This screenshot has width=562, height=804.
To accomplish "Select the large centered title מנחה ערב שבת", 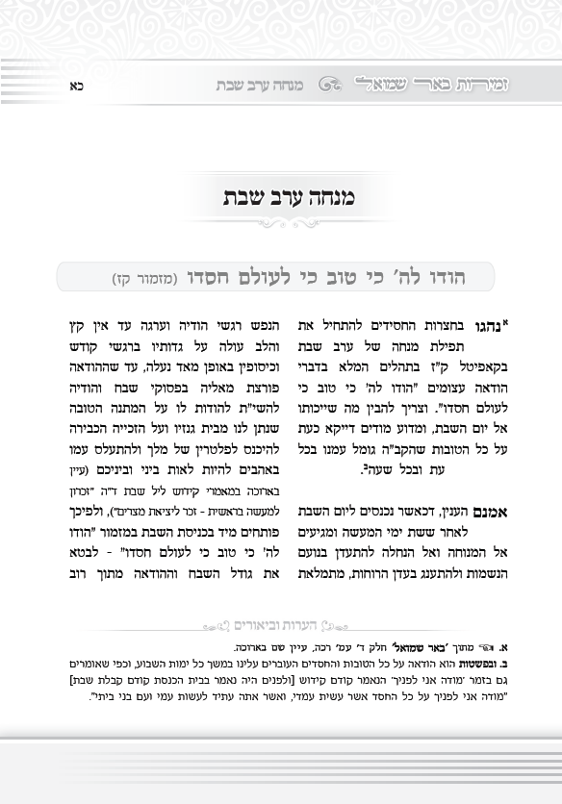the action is click(x=282, y=199).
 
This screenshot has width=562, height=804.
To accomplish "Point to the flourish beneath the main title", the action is click(x=281, y=224).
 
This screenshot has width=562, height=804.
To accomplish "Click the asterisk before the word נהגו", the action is click(x=504, y=321).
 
